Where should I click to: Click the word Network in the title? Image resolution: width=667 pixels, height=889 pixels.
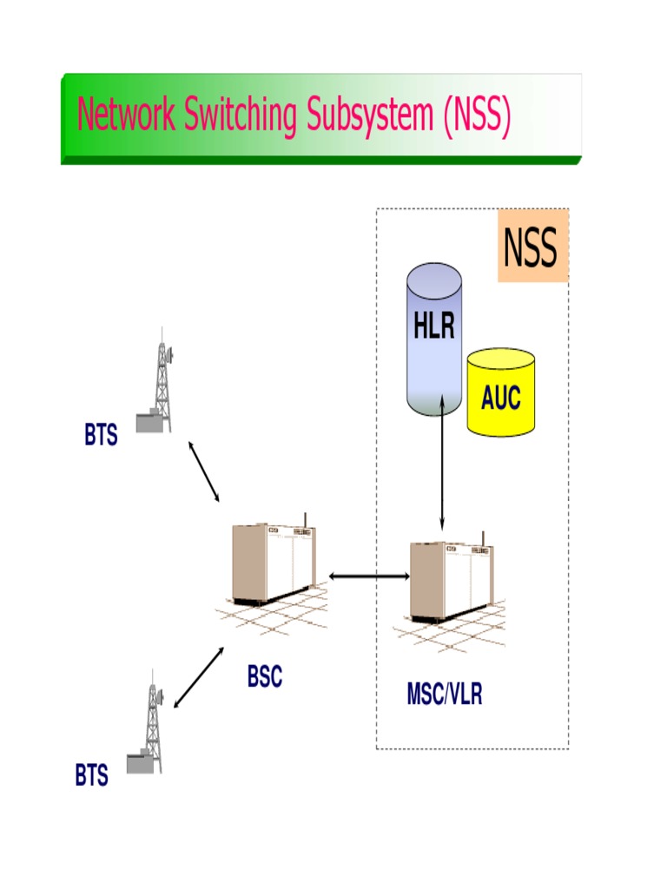click(x=126, y=115)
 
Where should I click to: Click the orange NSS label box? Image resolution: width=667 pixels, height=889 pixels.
click(x=532, y=247)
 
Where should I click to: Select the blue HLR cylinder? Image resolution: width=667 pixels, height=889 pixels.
click(x=434, y=339)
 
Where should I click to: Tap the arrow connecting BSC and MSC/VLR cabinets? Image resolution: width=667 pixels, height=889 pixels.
click(x=369, y=575)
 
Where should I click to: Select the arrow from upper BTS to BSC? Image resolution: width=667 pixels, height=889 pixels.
click(x=204, y=471)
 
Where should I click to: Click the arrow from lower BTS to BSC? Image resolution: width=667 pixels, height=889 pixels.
click(x=198, y=677)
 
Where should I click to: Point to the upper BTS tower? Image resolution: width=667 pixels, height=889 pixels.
click(x=160, y=382)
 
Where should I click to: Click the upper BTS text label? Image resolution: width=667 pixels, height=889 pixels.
click(x=101, y=436)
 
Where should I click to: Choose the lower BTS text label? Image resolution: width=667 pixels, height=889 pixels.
click(x=91, y=776)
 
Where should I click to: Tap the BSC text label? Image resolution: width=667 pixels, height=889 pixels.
click(x=264, y=677)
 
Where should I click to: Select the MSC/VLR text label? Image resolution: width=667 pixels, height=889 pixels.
click(x=444, y=695)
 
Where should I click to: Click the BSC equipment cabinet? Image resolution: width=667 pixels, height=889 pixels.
click(x=271, y=564)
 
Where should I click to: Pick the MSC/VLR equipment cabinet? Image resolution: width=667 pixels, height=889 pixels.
click(x=450, y=582)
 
